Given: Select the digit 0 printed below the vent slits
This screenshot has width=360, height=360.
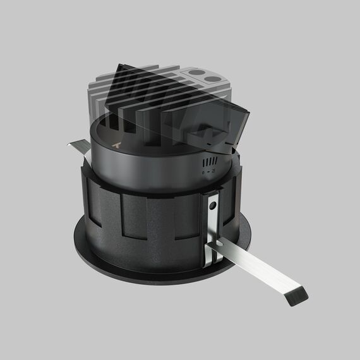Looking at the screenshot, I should click(203, 171).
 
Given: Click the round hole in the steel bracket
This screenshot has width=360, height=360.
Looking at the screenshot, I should click(213, 206).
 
